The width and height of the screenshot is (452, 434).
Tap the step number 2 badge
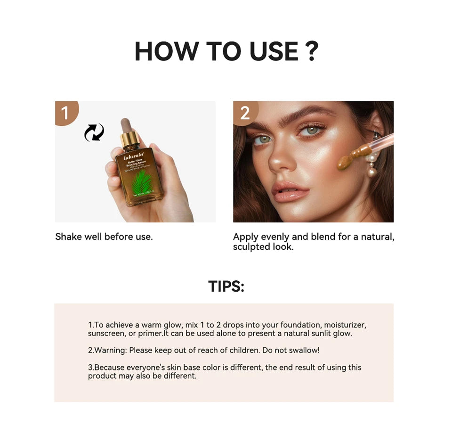(245, 113)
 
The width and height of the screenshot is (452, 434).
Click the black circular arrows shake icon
(94, 132)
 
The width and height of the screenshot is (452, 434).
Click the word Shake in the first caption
(68, 237)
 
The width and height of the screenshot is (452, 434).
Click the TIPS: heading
(226, 286)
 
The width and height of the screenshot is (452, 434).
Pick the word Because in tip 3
(109, 367)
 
